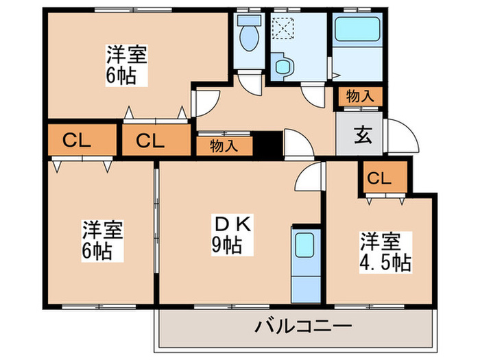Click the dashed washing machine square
point(282,29)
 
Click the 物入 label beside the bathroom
point(359,97)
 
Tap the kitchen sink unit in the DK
point(302,263)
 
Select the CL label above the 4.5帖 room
point(379,178)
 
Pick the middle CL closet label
point(149,141)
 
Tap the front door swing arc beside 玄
point(398,137)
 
